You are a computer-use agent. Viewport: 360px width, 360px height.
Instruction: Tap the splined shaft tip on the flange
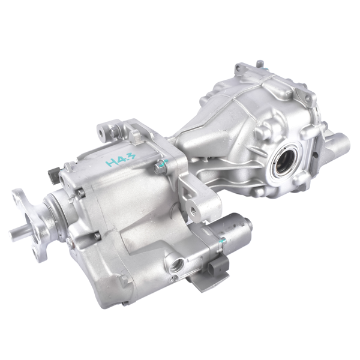pos(14,230)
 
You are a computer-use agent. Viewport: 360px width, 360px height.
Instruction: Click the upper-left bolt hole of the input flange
pos(20,199)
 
